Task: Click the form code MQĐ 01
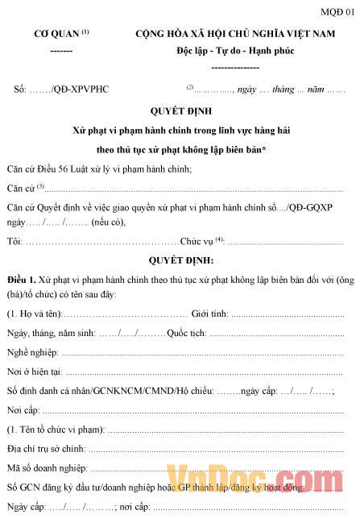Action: coord(337,11)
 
